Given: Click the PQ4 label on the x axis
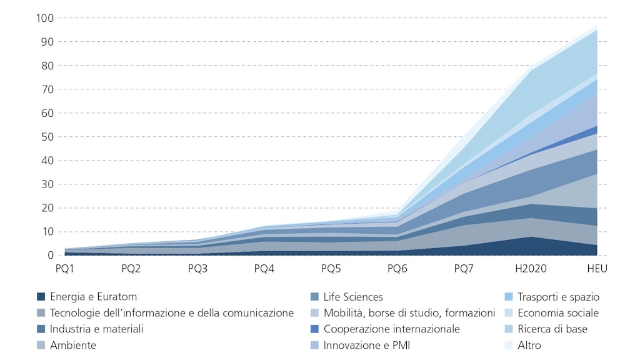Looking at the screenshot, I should point(264,269).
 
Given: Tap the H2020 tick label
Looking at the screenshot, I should point(531,269).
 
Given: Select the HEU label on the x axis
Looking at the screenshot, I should point(597,269).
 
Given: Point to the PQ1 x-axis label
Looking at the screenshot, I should point(64,269).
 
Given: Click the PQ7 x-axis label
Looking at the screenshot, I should point(464,269).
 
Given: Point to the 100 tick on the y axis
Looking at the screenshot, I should point(46,18).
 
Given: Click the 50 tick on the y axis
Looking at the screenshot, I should point(48,137).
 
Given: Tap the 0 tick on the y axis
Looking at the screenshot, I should point(51,256).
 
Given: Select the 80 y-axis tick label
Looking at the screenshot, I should point(48,66).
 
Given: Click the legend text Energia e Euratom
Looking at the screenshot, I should point(94,297).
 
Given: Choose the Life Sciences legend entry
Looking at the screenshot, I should point(353,297).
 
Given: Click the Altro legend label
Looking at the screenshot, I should point(529,345).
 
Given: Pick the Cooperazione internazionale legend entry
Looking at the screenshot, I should point(391,329).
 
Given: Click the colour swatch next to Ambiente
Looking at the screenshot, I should point(41,345).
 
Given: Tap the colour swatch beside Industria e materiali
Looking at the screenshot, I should point(41,329).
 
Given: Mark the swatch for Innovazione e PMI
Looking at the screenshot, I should point(314,345).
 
